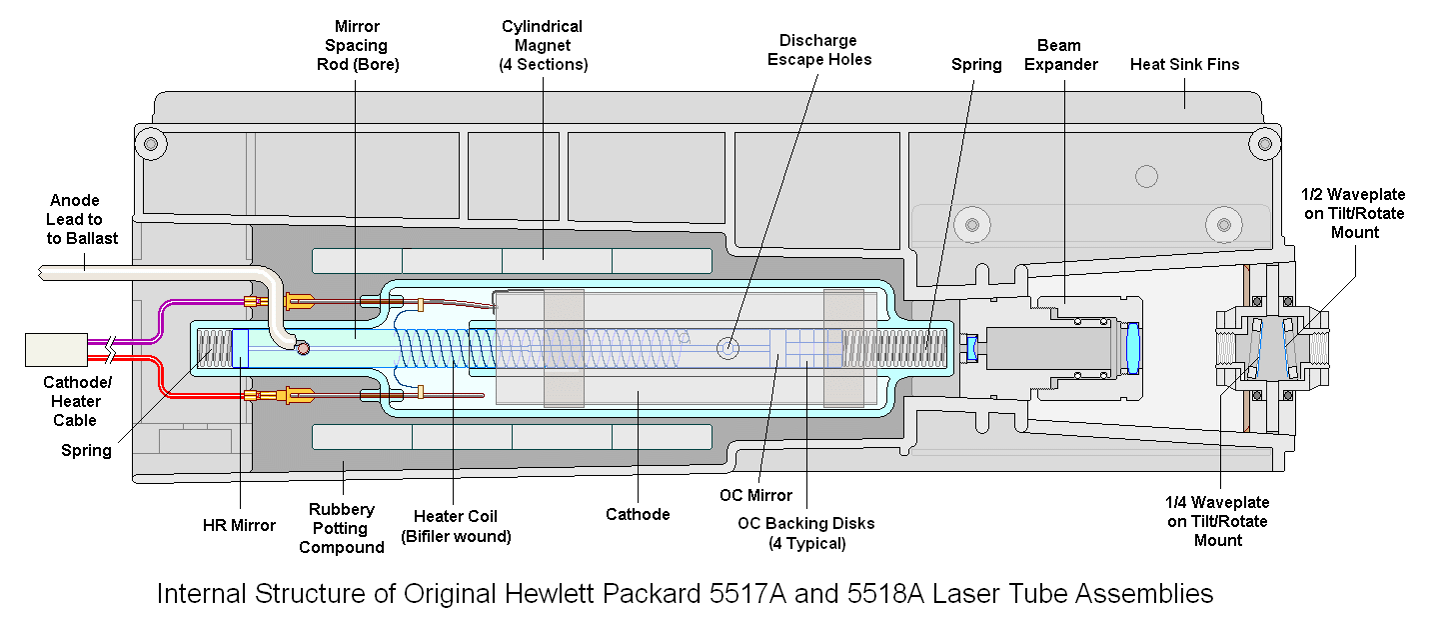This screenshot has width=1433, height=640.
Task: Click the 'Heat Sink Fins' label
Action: point(1184,65)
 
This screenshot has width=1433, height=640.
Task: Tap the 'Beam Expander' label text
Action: point(1067,55)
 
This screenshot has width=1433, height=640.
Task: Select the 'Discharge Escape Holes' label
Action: point(818,50)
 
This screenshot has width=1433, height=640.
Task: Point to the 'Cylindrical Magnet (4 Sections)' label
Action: point(543,46)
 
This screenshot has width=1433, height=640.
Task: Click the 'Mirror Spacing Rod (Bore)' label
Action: point(356,46)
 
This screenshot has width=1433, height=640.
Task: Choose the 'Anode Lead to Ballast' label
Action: point(77,219)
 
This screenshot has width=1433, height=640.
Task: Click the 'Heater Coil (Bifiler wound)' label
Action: point(456,526)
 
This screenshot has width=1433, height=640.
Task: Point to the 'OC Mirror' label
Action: point(755,495)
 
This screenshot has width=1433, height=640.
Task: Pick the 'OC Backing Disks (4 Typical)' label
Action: point(805,533)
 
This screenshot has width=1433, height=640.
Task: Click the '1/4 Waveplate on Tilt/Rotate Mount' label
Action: point(1217,521)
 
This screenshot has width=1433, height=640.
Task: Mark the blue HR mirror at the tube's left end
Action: point(239,348)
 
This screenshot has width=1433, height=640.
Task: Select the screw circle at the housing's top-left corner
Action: point(152,142)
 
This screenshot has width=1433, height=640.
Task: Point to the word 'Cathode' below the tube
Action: point(638,514)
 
